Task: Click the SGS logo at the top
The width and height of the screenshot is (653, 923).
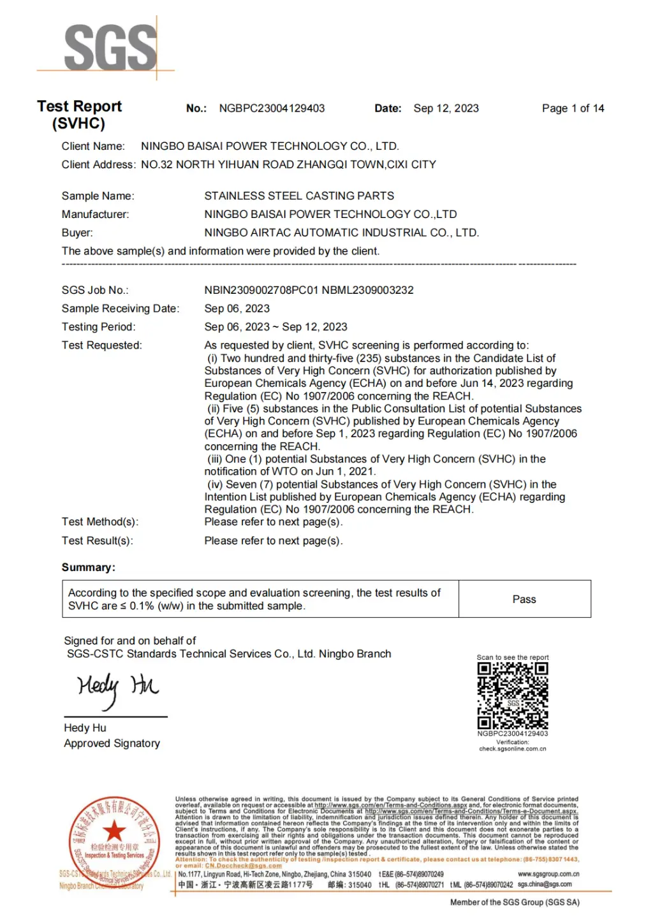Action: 110,47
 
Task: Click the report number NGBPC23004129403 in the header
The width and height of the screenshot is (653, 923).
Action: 272,108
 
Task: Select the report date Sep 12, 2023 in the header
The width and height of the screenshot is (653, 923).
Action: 446,108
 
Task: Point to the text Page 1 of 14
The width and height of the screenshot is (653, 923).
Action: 573,108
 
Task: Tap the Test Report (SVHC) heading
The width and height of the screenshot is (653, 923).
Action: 79,115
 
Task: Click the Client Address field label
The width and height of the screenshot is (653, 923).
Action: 98,164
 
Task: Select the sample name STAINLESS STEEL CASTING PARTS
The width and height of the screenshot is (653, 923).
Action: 299,196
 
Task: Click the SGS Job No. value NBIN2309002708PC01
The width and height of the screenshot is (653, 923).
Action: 261,290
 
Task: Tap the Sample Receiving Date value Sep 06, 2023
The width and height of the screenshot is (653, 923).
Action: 237,309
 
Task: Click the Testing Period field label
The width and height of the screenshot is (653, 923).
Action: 98,327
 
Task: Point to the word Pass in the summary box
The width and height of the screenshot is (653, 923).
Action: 524,599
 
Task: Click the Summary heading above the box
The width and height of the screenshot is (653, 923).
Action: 88,567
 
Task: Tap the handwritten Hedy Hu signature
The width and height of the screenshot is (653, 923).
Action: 117,688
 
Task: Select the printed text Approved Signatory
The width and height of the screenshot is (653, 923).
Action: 112,743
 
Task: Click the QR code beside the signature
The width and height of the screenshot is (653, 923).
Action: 513,696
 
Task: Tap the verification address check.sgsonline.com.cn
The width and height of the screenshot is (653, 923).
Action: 513,749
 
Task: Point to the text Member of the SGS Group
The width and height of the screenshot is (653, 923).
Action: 515,902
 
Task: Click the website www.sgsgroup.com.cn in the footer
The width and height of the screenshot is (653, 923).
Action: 548,874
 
